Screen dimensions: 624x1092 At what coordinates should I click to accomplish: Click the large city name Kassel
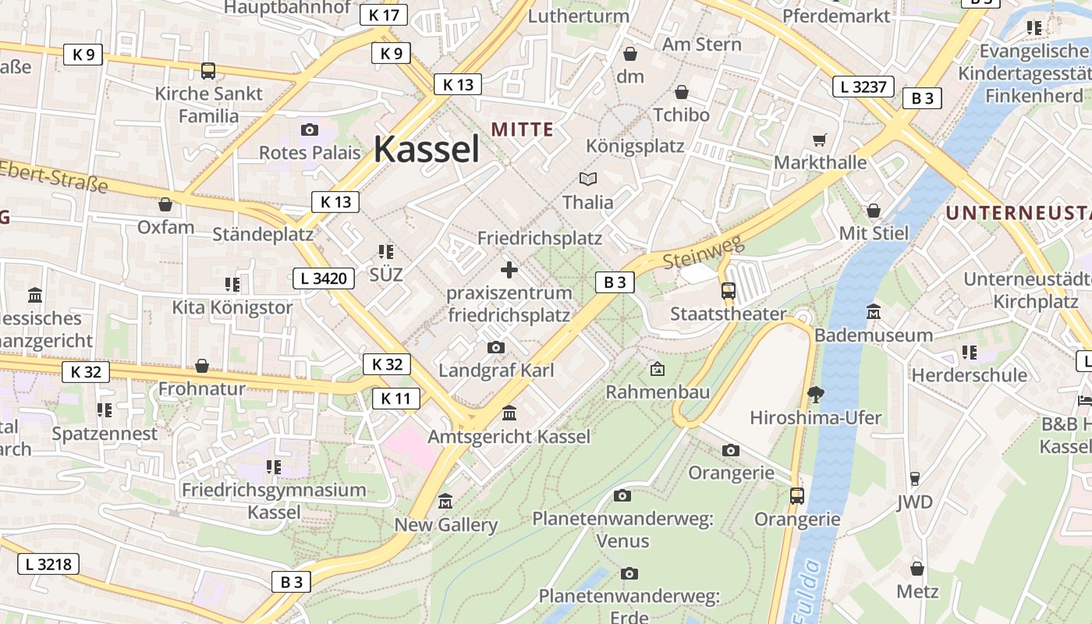click(x=427, y=149)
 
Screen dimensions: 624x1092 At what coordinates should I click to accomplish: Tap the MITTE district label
click(x=522, y=129)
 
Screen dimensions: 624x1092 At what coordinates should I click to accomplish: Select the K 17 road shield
click(x=384, y=15)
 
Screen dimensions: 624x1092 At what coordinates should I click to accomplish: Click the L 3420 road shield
click(x=324, y=278)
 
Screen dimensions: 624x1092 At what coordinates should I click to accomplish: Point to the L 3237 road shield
click(x=863, y=87)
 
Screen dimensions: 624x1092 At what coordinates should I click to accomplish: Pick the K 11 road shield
click(x=396, y=399)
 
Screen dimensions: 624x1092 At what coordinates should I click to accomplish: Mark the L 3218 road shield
click(x=48, y=563)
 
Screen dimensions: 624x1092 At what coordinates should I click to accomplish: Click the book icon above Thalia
click(x=587, y=179)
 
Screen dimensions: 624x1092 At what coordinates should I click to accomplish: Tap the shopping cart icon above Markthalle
click(x=819, y=140)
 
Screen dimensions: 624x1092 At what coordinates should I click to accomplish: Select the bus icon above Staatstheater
click(x=728, y=291)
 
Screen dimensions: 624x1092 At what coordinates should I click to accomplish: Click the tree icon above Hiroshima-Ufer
click(x=816, y=394)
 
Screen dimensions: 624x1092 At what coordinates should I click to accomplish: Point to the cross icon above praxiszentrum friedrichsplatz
click(x=509, y=270)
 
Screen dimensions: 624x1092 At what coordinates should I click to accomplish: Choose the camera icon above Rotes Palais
click(x=310, y=129)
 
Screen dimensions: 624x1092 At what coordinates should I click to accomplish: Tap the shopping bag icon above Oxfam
click(x=165, y=204)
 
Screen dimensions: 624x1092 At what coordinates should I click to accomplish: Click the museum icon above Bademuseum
click(x=874, y=312)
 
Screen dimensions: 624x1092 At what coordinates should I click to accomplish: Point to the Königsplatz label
click(x=635, y=147)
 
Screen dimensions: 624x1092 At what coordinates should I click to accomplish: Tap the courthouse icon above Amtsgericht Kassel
click(x=509, y=413)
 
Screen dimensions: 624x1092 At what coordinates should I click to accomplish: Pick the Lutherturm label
click(x=579, y=16)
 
